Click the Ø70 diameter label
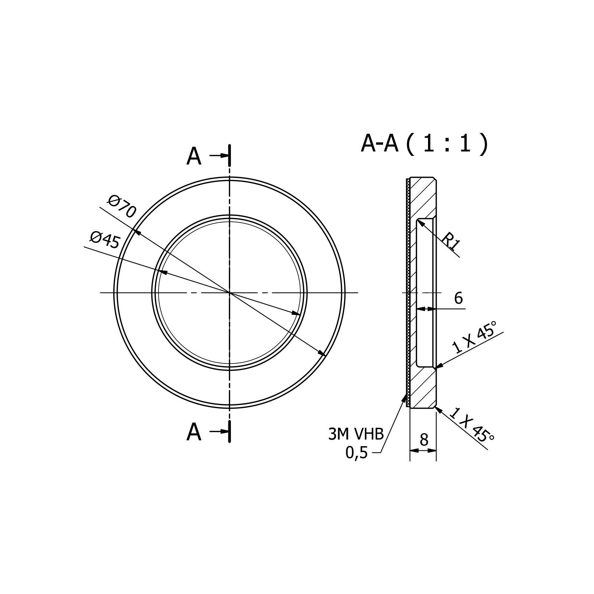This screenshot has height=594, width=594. coord(122,207)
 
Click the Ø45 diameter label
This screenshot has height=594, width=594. coord(105,240)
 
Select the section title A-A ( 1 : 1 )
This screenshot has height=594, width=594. coord(424,144)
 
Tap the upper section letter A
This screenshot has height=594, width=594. coord(194,157)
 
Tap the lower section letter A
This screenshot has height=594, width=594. coord(194,432)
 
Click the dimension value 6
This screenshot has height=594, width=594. coord(458,298)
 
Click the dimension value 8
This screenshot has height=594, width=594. coord(424,440)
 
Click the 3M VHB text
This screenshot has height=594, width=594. coord(356,434)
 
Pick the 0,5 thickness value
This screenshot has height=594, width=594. coord(356,453)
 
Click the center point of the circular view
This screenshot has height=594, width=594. coord(230,293)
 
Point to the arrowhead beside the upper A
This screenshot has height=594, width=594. coord(224,156)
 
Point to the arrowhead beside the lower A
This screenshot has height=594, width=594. coord(224,431)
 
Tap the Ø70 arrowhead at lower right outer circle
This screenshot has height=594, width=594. coord(322,353)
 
